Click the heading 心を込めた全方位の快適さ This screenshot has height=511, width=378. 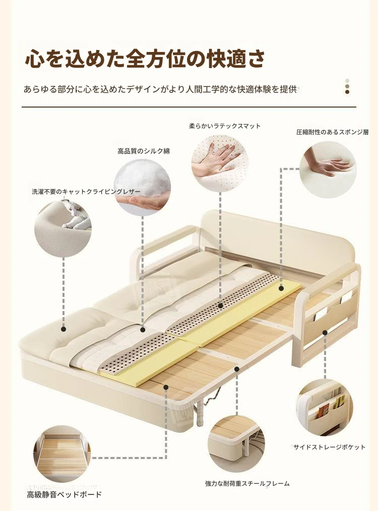click(x=145, y=59)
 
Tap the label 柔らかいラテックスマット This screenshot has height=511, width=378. click(x=225, y=126)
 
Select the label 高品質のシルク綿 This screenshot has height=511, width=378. click(x=144, y=151)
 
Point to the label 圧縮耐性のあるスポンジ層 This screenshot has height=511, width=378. click(x=332, y=132)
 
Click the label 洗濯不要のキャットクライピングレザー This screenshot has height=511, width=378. click(x=86, y=192)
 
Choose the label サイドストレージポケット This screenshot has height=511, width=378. click(x=330, y=447)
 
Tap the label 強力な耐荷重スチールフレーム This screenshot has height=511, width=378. click(x=247, y=484)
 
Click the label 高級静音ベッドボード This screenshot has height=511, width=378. click(x=65, y=495)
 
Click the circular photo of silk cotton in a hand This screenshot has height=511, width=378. click(x=142, y=187)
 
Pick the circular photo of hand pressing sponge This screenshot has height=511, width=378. click(x=328, y=170)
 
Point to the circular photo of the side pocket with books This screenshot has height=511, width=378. click(x=325, y=407)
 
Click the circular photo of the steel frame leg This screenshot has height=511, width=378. click(x=236, y=444)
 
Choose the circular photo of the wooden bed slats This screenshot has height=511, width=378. click(x=62, y=453)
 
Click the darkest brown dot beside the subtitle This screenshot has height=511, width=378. click(x=347, y=92)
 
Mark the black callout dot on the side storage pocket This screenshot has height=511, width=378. click(x=325, y=333)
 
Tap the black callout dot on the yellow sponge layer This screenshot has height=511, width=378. click(x=281, y=288)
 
